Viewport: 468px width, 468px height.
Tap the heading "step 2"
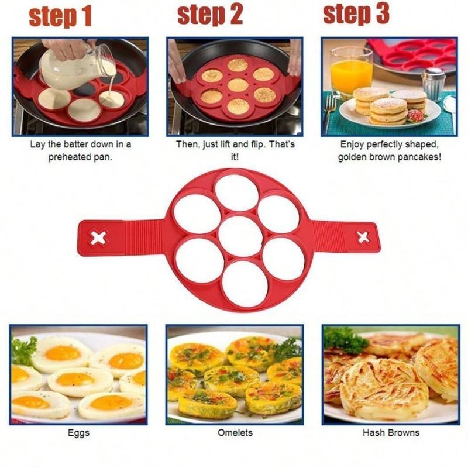coord(210,16)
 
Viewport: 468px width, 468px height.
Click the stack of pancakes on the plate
coord(388,105)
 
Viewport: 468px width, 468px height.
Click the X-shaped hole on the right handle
coord(363,236)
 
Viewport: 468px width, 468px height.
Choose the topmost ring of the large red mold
coord(236,193)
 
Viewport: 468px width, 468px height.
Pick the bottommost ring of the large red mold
coord(245,283)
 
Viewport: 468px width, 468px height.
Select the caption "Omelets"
coord(235,433)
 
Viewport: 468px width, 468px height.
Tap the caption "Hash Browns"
coord(391,433)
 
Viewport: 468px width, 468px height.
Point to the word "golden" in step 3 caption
coord(359,157)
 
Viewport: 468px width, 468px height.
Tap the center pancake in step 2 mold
coord(238,85)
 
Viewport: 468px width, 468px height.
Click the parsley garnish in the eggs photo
coord(24,350)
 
